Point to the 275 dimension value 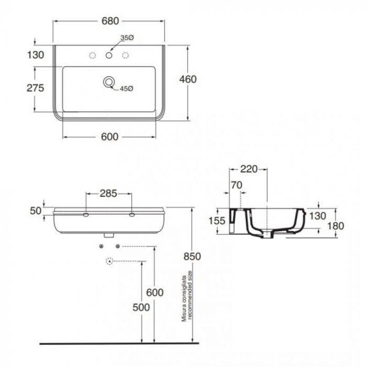(x=35, y=88)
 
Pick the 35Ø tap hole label (x=127, y=38)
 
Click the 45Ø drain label (x=126, y=89)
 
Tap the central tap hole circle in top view (x=109, y=55)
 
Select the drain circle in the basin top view (x=109, y=82)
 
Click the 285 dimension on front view (x=109, y=193)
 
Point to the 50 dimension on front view (x=35, y=210)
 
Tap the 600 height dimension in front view (x=164, y=292)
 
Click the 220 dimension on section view (x=249, y=169)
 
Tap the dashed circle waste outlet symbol (x=110, y=261)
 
